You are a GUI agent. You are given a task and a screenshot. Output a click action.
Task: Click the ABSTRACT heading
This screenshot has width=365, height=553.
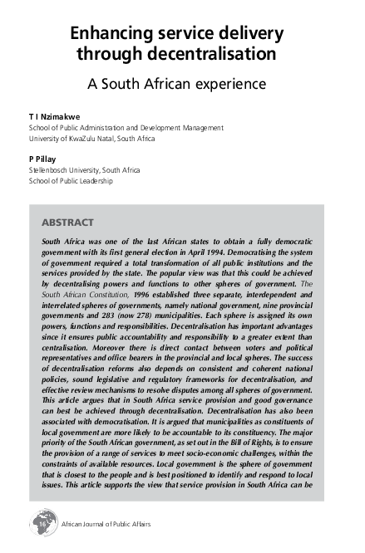coord(67,222)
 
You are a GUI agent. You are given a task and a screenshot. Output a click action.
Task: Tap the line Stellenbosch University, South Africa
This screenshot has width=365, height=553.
coord(84,169)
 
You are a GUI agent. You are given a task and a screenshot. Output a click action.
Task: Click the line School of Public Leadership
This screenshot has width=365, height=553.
coord(72,180)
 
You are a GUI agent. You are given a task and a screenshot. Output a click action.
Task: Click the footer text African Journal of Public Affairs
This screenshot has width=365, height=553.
coord(106,525)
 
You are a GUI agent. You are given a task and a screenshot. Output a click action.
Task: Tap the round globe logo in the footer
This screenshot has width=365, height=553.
coord(39,524)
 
